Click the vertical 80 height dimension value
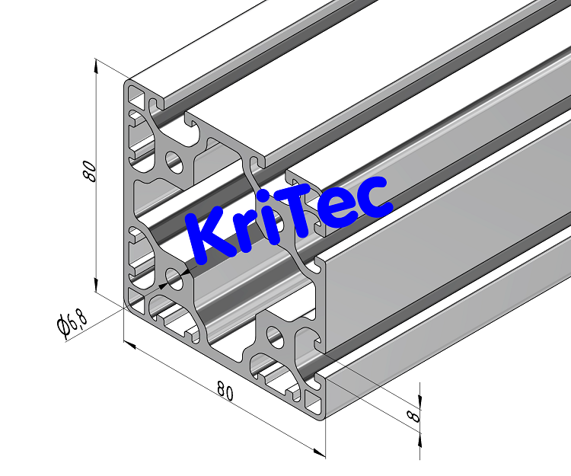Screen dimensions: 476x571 90,172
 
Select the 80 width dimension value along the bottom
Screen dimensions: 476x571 225,391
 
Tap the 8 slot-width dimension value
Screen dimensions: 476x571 412,416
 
